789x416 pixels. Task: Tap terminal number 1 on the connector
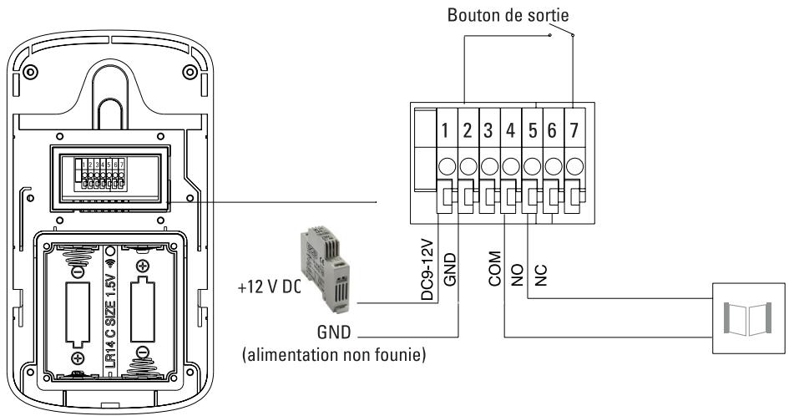447,130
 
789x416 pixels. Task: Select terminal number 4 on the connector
509,130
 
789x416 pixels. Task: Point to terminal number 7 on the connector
573,130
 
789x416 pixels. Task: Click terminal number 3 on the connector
488,130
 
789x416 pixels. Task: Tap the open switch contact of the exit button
561,35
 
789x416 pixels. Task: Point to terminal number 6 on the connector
552,130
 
